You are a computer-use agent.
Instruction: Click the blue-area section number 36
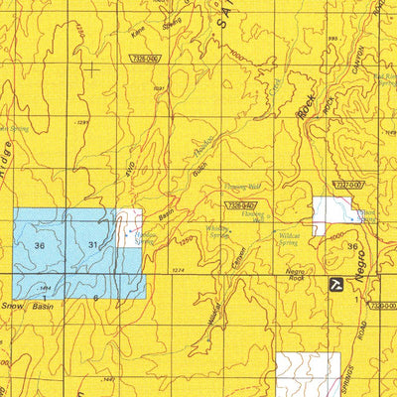coord(39,245)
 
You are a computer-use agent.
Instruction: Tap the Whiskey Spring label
coord(218,231)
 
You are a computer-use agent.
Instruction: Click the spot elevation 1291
coord(83,122)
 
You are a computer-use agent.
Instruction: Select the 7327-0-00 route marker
coord(349,184)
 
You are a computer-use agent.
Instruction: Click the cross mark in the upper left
coord(92,69)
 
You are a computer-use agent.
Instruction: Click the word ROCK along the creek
coord(308,119)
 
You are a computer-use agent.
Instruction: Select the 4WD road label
coord(128,169)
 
